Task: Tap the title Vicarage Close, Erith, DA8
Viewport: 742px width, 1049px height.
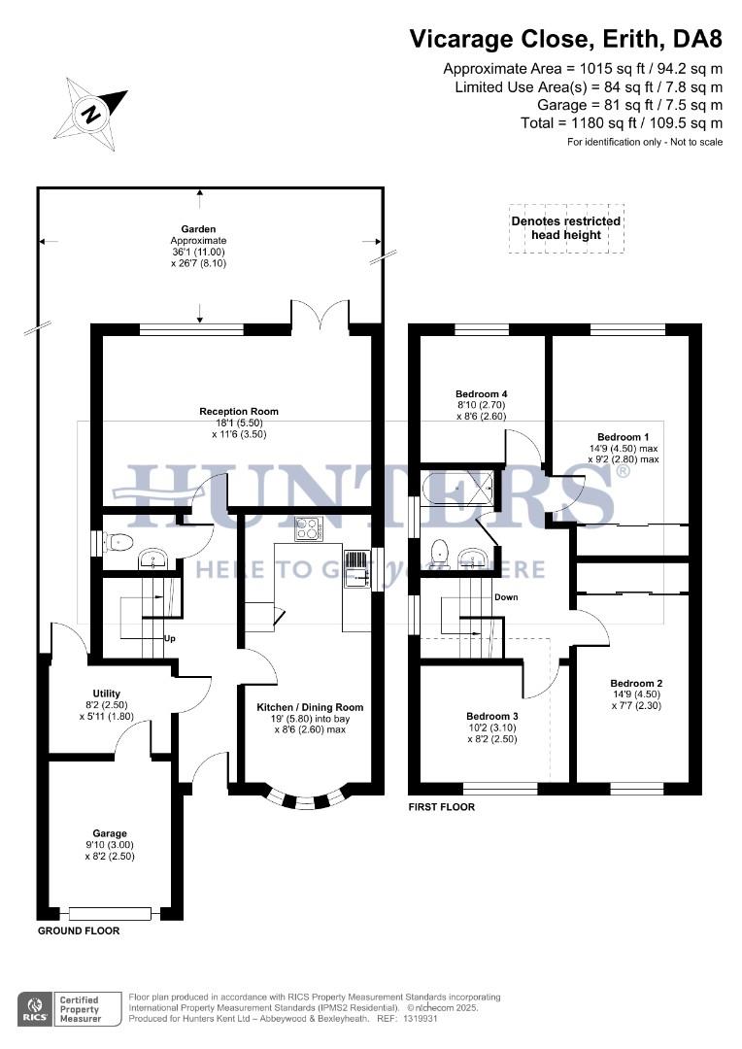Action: click(x=565, y=39)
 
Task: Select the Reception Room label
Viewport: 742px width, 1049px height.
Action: click(x=239, y=412)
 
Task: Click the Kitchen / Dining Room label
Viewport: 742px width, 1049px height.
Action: click(x=310, y=707)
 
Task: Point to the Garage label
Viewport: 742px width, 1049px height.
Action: click(x=110, y=833)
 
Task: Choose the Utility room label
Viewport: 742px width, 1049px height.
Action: click(x=106, y=694)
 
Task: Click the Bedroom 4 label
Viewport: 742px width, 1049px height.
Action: click(x=482, y=394)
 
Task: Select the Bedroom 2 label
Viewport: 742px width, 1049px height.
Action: click(x=636, y=683)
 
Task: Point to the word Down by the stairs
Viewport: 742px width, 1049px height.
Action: click(x=506, y=597)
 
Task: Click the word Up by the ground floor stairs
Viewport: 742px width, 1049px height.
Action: click(x=169, y=639)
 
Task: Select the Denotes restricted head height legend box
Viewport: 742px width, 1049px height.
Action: click(x=566, y=229)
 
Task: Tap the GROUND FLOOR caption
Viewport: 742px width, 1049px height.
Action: click(x=78, y=931)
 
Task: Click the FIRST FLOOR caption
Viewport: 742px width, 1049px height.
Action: click(x=441, y=807)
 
